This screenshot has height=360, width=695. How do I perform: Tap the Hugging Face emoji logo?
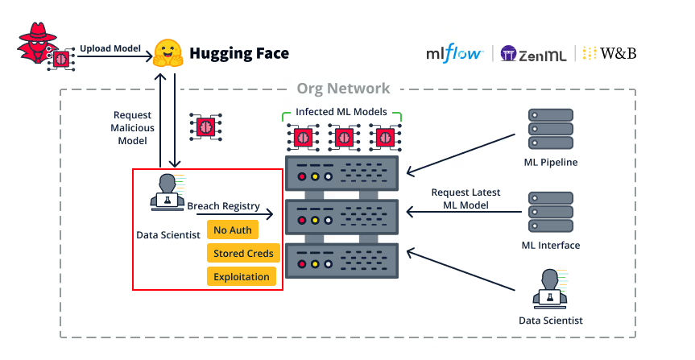tap(168, 54)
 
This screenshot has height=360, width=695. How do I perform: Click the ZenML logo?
tap(532, 54)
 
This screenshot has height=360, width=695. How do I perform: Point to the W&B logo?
tap(610, 54)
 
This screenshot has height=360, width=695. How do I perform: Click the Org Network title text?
tap(343, 89)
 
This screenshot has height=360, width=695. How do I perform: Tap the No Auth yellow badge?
tap(233, 230)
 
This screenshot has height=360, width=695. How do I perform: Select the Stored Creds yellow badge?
tap(243, 253)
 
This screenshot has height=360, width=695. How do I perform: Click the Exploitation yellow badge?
tap(242, 276)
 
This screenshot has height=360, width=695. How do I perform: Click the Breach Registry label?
tap(224, 206)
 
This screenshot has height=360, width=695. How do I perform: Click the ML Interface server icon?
tap(550, 213)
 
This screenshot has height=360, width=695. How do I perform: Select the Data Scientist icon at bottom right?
tap(550, 288)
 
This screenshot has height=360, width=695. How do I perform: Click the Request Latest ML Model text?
tap(465, 198)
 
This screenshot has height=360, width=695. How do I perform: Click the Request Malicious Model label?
tap(134, 129)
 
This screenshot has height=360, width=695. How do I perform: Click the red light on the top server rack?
tap(302, 176)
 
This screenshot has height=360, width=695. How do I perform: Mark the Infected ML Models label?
tap(341, 111)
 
